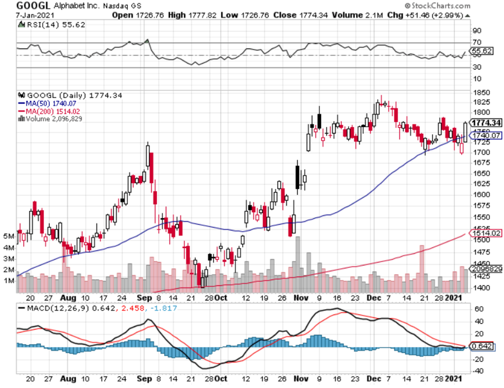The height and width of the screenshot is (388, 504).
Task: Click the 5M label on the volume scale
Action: [8, 237]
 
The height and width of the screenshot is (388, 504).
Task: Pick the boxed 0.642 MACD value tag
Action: [482, 346]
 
